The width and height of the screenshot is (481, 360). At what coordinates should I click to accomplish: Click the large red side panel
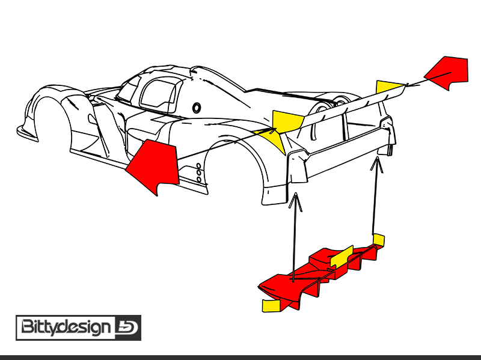click(153, 165)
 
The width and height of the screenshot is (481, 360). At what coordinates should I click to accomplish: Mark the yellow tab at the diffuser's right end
click(378, 240)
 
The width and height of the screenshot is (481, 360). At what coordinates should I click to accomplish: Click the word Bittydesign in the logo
click(66, 328)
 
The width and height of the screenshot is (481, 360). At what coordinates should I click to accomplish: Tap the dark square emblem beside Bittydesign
click(127, 328)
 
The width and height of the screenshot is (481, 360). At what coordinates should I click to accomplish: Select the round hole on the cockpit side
click(197, 108)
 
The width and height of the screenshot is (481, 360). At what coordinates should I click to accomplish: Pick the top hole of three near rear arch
click(199, 165)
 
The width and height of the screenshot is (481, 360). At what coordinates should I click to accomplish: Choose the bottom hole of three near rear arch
click(199, 179)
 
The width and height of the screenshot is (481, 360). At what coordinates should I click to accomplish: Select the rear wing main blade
click(337, 111)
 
